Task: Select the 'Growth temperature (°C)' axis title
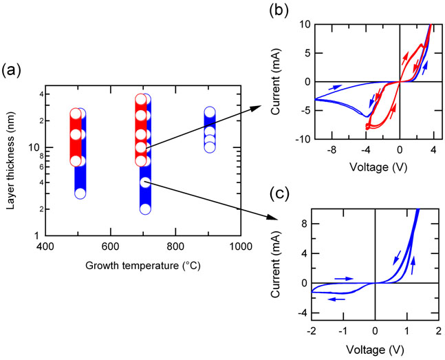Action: [142, 265]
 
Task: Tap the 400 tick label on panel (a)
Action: [45, 246]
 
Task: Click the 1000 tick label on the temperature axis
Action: [240, 246]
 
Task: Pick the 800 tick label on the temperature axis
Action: [175, 246]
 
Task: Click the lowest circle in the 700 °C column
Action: [145, 209]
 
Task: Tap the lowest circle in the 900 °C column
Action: [210, 147]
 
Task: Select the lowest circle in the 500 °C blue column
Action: [80, 193]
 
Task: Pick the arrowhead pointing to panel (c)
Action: [266, 218]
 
